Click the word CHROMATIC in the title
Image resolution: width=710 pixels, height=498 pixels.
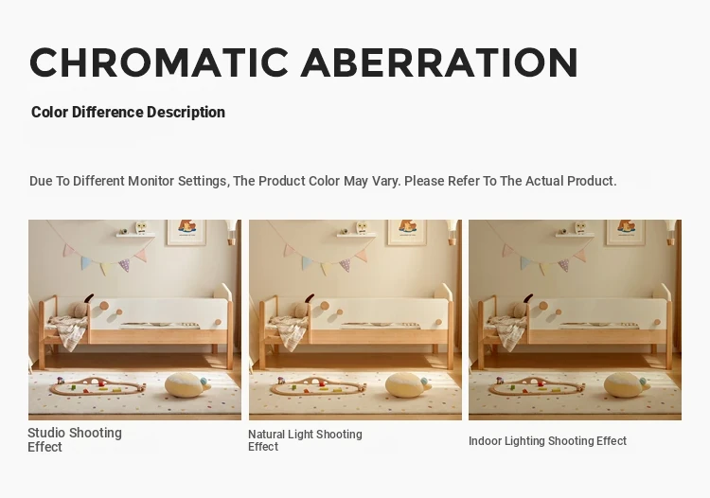click(159, 62)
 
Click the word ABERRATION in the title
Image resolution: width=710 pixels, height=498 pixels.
click(439, 62)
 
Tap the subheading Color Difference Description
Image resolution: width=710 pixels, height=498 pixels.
click(128, 112)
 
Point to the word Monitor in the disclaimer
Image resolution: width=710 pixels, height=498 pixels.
click(151, 181)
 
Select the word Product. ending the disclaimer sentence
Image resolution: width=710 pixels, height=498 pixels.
click(592, 181)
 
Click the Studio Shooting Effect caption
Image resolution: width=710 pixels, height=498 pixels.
click(75, 439)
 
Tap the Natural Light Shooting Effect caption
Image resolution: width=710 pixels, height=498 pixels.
click(305, 440)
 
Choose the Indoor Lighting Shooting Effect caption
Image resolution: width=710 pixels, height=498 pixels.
click(547, 441)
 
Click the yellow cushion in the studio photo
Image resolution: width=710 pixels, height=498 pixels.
click(186, 384)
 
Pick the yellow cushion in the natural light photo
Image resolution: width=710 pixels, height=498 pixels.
click(406, 384)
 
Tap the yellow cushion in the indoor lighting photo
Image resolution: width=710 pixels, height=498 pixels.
click(626, 384)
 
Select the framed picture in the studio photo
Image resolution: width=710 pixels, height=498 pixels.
click(186, 232)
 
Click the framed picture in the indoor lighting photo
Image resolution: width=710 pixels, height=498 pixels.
click(627, 232)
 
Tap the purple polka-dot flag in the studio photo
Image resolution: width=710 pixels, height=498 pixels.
click(125, 265)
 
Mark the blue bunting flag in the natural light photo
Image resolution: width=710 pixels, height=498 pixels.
click(307, 262)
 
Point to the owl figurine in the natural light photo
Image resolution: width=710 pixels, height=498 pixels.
click(362, 228)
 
